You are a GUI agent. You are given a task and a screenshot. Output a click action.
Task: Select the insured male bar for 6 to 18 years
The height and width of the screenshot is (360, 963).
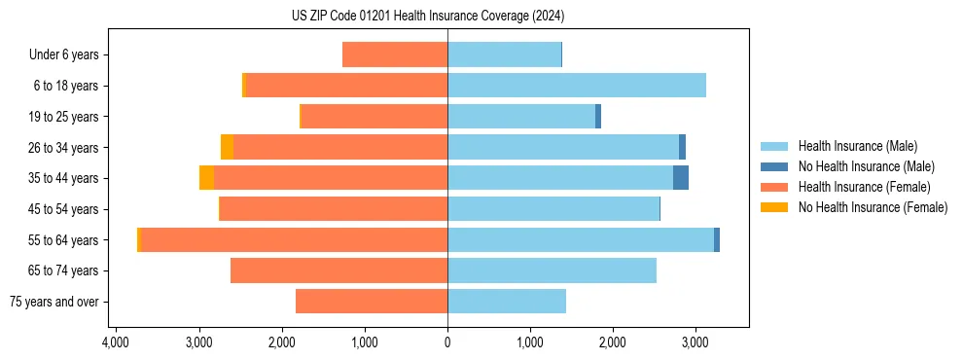pos(576,86)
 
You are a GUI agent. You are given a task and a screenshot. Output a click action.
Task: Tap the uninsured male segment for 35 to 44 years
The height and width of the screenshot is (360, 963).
pos(681,178)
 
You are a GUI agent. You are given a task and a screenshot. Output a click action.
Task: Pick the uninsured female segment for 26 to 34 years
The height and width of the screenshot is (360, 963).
pos(227,147)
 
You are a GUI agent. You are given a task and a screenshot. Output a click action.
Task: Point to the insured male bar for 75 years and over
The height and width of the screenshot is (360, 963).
pos(507,302)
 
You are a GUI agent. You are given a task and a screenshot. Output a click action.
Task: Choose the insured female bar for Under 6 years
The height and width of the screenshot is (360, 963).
pos(395,55)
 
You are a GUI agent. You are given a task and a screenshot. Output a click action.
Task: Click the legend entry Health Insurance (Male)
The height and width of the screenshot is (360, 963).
pos(857,146)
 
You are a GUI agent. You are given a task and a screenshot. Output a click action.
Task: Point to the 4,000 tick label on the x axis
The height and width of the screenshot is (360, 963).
pos(116,342)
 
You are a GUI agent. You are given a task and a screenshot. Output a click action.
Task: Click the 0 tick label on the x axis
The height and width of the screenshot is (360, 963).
pos(447,342)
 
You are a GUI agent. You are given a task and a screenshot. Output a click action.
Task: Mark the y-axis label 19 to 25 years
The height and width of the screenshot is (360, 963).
pos(63,117)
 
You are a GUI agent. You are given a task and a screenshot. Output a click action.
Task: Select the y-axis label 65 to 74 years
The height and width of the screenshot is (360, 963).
pos(63,270)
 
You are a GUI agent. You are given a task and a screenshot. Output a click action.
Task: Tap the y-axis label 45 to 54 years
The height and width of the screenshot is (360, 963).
pos(63,209)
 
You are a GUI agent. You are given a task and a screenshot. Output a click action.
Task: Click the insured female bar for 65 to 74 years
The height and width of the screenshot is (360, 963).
pos(339,270)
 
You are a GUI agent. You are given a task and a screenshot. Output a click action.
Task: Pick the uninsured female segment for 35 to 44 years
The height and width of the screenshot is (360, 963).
pos(206,178)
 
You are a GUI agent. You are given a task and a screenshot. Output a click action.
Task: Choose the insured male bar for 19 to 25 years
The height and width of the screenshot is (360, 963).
pos(521,117)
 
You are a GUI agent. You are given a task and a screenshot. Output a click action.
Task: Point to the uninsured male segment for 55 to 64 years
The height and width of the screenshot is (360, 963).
pos(717,240)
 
